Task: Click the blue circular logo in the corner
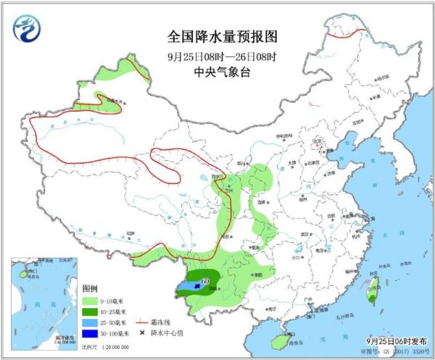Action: (x=26, y=28)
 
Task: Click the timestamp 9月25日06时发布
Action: (x=392, y=341)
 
